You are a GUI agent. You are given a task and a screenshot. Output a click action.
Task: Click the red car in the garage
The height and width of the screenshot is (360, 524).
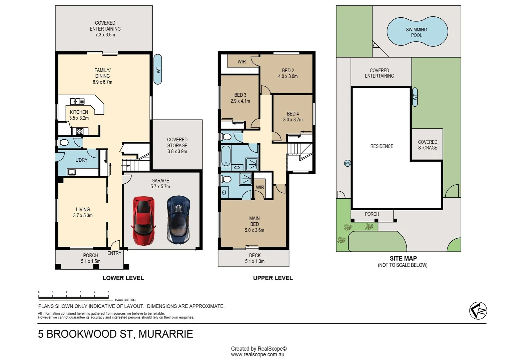point(144,221)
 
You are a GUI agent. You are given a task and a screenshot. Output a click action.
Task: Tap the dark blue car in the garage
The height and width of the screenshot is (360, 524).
point(178,220)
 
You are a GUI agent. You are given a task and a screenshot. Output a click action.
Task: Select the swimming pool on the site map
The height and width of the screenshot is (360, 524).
point(417,31)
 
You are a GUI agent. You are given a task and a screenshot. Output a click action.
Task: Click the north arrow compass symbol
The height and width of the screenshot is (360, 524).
point(478,311)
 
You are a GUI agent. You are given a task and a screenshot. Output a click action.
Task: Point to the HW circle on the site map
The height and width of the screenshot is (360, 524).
point(347,163)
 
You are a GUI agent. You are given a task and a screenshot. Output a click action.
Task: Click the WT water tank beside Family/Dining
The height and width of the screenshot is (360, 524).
point(158,69)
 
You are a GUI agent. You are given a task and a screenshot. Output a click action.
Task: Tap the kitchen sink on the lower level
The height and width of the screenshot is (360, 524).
point(77,101)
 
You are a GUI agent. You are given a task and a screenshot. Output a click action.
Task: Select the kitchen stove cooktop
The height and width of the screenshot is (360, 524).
point(80,132)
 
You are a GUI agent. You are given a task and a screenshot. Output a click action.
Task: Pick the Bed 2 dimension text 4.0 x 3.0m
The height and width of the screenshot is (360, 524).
point(288,76)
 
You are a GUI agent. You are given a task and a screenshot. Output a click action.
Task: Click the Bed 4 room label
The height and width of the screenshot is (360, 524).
point(293,114)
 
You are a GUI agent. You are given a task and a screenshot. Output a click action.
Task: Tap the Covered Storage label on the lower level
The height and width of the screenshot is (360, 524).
point(177,142)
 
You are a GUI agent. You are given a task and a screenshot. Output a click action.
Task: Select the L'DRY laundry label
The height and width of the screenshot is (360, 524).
point(81,160)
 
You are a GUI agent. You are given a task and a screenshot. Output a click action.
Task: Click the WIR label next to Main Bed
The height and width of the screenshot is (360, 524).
point(260,187)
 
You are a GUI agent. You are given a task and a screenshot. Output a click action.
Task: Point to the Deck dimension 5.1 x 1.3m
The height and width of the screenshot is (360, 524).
point(255,261)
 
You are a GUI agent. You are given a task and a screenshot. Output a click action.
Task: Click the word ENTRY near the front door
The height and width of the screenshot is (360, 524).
point(114,253)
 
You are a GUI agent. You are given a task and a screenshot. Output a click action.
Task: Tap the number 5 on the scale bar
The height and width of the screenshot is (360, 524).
point(108,292)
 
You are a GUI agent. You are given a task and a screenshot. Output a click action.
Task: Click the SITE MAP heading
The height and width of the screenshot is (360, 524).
point(403,259)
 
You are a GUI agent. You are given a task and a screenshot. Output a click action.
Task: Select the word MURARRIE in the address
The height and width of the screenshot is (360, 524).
point(166,334)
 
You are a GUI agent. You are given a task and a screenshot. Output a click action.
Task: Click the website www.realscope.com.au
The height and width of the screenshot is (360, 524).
point(257,355)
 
